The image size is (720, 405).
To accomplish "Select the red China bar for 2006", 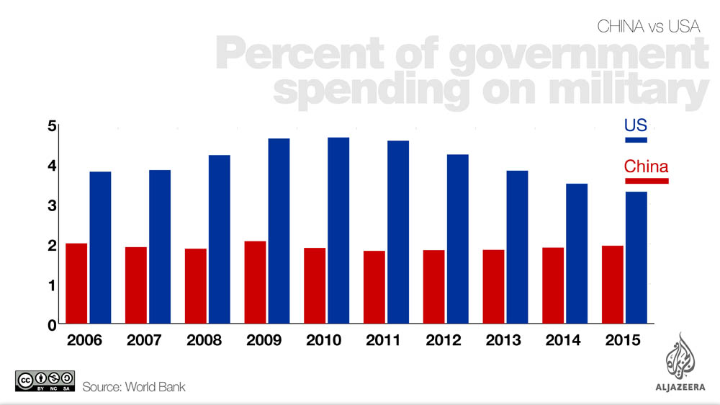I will [x=76, y=283].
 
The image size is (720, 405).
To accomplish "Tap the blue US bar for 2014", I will [x=577, y=253].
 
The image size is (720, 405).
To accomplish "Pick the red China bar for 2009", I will [x=255, y=282].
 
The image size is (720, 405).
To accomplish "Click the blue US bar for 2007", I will [x=160, y=246].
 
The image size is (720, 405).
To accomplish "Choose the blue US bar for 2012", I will [x=458, y=239].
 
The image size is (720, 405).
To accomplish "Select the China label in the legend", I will [x=646, y=166].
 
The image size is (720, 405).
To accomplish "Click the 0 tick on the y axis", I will [x=52, y=325].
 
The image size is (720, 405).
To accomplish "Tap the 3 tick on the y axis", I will [x=52, y=206].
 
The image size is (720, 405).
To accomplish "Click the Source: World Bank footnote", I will [x=134, y=387].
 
